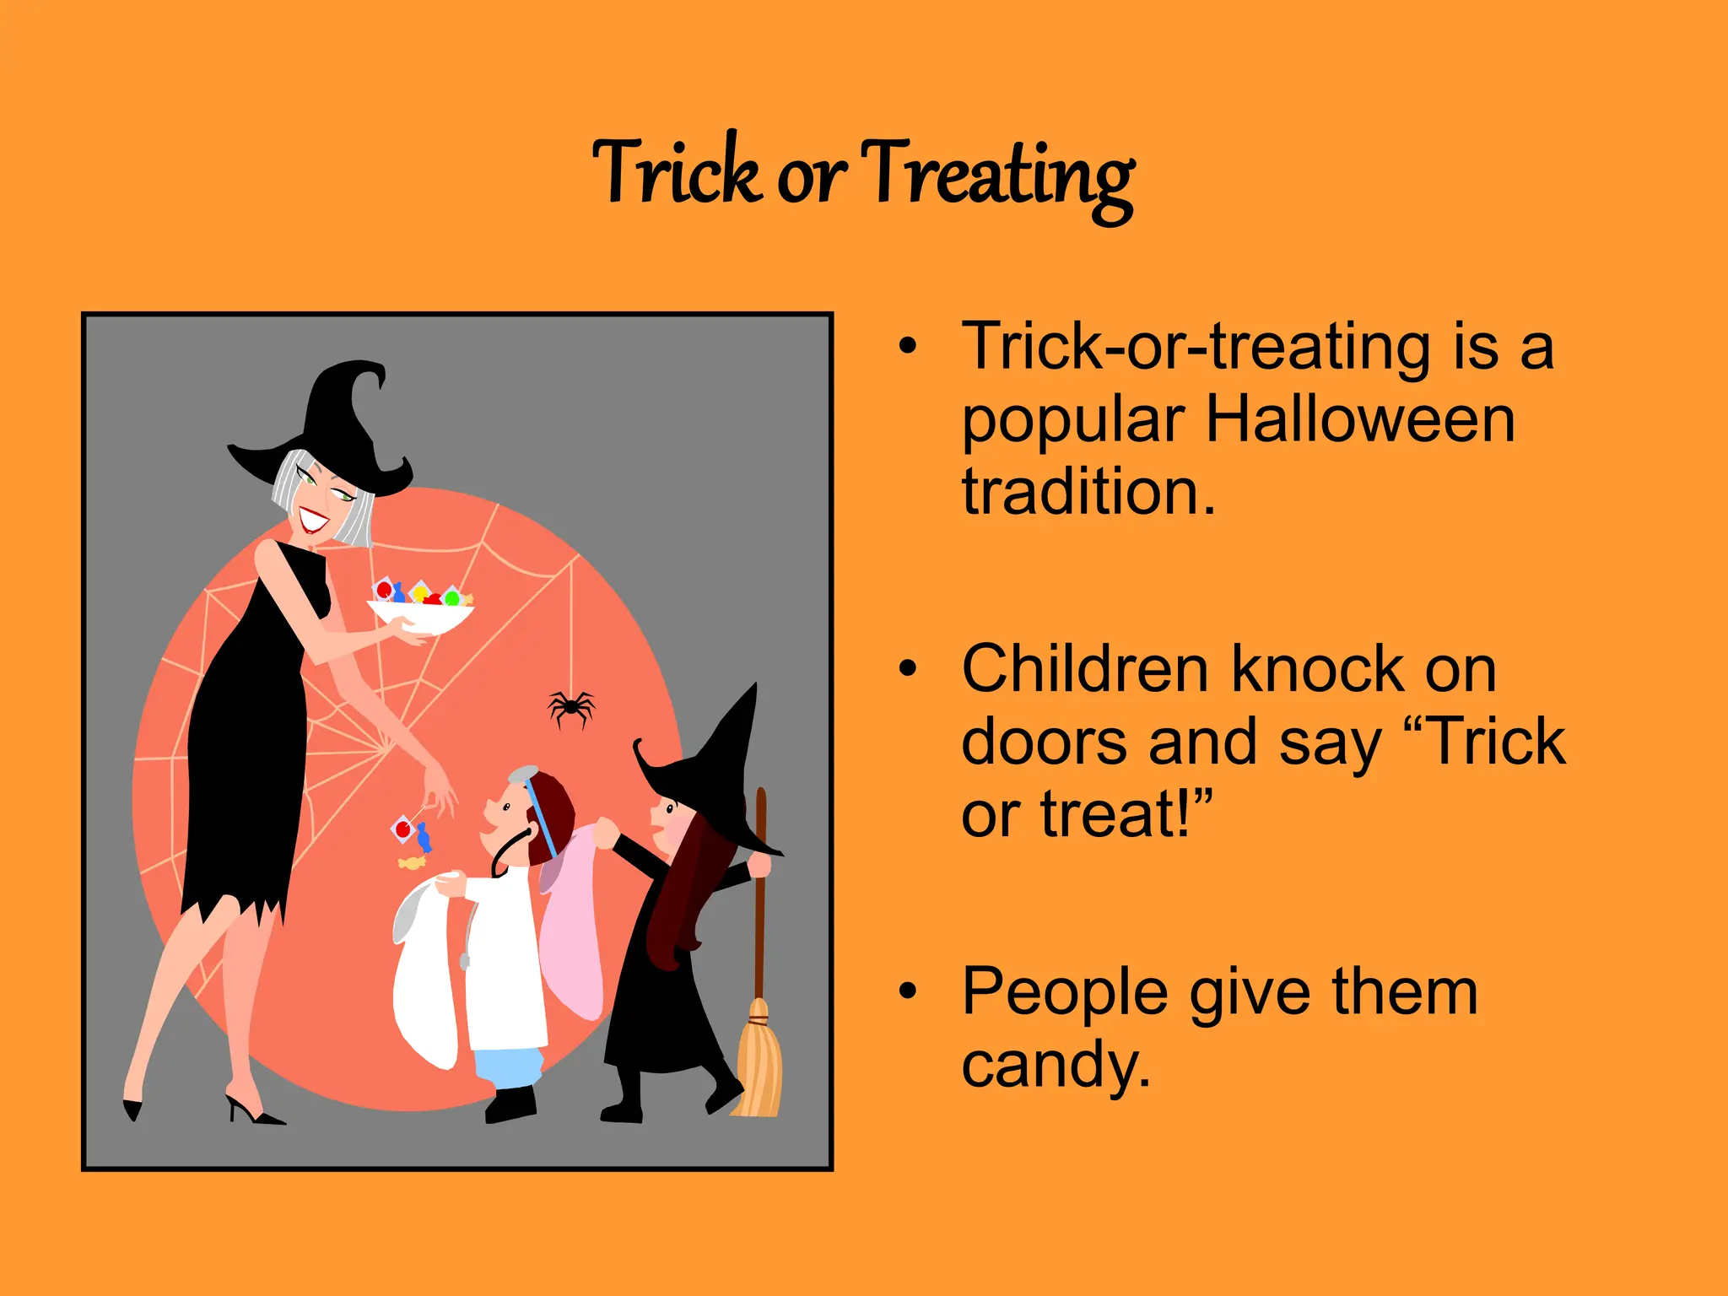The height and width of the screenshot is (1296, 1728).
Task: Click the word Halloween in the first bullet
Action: [x=1360, y=419]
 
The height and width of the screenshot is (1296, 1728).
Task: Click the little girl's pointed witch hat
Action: [x=717, y=759]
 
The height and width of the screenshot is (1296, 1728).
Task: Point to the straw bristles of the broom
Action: [x=759, y=1063]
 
